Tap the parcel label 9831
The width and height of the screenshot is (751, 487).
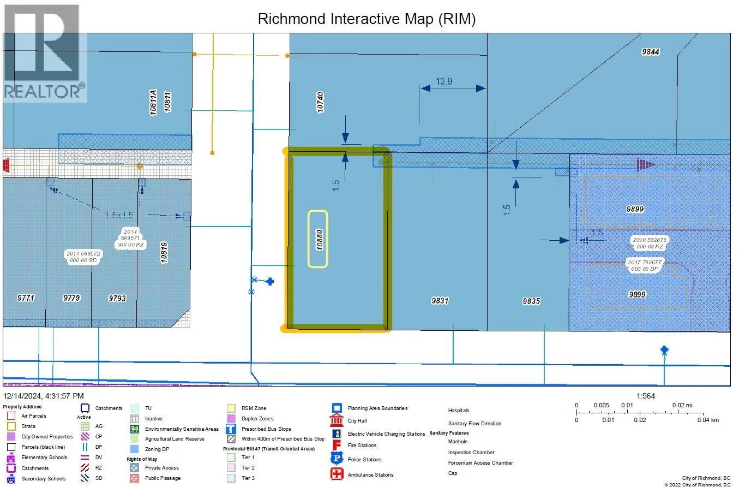(x=440, y=300)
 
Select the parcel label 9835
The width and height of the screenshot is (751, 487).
(x=531, y=301)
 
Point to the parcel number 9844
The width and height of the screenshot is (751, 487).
(x=651, y=52)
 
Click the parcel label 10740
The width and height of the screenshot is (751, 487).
(x=321, y=102)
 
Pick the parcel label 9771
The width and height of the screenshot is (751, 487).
(x=26, y=298)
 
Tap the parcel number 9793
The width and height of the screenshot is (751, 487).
(x=117, y=298)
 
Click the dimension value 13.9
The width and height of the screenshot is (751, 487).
(x=444, y=81)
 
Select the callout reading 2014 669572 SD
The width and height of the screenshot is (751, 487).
(x=83, y=257)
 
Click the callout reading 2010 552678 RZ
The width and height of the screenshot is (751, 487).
(x=649, y=243)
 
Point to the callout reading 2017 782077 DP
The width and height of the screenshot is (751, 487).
(x=645, y=266)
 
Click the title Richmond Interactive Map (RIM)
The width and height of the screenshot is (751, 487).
(x=367, y=19)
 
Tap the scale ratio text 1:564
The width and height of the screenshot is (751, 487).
(x=646, y=396)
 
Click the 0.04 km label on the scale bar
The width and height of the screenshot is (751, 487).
(x=708, y=420)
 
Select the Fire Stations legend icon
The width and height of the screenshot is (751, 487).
(x=337, y=445)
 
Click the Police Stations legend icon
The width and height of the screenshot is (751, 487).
(x=337, y=459)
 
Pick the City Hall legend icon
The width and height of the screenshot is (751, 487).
(x=337, y=420)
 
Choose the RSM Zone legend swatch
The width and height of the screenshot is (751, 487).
(x=231, y=408)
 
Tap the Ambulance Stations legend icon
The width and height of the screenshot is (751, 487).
(x=337, y=474)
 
